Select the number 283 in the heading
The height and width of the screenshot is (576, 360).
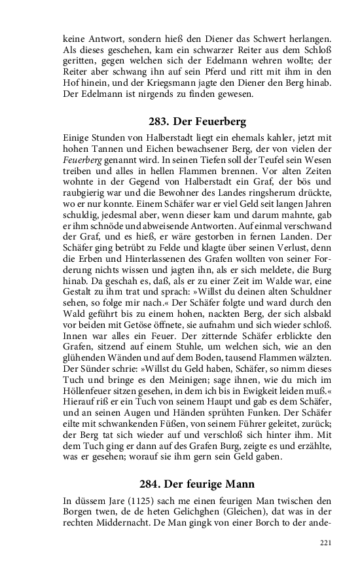[160, 122]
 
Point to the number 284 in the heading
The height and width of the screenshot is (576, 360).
[151, 485]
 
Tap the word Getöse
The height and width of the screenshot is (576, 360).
[135, 327]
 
